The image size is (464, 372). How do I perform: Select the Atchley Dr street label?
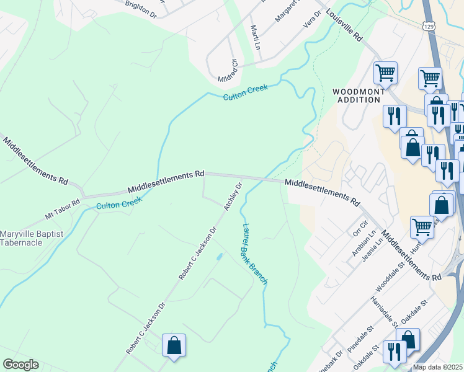(x=233, y=195)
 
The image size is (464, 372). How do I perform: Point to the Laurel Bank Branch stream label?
(x=255, y=254)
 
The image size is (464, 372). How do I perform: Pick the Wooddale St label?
(x=390, y=277)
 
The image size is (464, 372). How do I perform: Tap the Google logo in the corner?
(x=20, y=365)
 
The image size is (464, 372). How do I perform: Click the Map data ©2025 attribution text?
(x=438, y=367)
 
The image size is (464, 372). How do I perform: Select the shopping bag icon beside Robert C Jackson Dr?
(x=174, y=345)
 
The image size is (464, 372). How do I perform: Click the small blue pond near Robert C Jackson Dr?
(x=218, y=256)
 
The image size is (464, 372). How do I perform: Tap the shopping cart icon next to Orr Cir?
(x=422, y=227)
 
